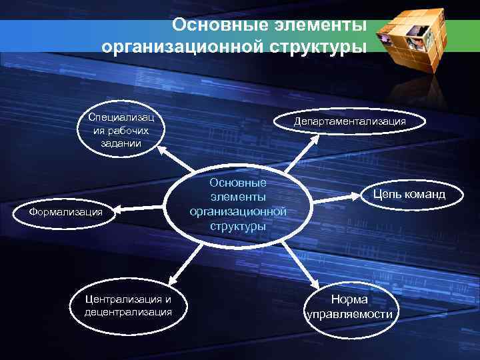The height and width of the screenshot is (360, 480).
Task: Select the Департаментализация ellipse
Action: [350, 121]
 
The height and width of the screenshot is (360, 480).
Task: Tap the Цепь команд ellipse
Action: [408, 195]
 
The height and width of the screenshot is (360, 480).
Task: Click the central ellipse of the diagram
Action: [237, 204]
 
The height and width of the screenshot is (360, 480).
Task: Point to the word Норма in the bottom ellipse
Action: [349, 299]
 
